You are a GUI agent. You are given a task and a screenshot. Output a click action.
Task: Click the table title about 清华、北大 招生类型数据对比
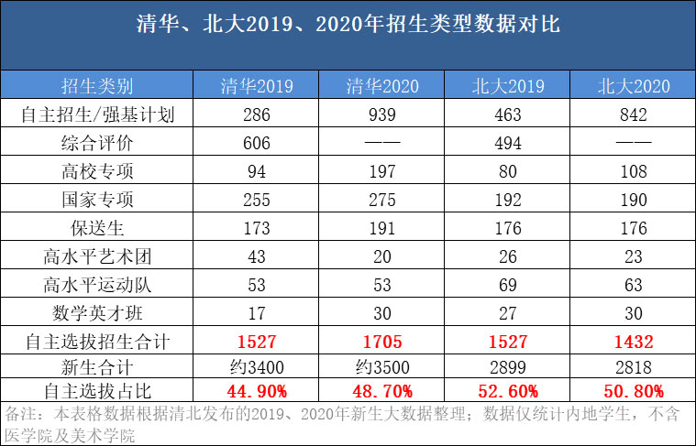click(x=348, y=25)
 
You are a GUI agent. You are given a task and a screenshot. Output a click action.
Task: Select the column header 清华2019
click(x=257, y=87)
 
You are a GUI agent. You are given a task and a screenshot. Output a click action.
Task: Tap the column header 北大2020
click(x=633, y=87)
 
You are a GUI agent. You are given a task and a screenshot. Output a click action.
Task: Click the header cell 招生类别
click(x=97, y=87)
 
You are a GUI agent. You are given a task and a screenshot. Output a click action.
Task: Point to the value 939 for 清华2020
click(x=382, y=115)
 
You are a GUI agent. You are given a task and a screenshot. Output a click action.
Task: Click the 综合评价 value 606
click(x=257, y=144)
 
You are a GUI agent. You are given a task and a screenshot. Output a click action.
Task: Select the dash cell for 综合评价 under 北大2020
click(x=633, y=144)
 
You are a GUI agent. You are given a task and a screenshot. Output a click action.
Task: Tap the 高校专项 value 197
click(x=382, y=172)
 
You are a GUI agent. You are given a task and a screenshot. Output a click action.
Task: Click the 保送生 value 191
click(x=382, y=229)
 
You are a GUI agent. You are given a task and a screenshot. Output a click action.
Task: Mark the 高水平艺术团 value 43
click(x=257, y=257)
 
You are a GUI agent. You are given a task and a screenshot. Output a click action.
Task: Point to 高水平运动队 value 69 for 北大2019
click(x=507, y=286)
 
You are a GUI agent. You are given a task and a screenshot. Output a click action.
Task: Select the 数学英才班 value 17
click(x=257, y=314)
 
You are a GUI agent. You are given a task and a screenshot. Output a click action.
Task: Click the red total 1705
click(x=382, y=342)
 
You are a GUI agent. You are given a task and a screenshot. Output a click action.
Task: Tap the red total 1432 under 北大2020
click(x=633, y=342)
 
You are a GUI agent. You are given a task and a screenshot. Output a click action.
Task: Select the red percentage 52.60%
click(x=507, y=391)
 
